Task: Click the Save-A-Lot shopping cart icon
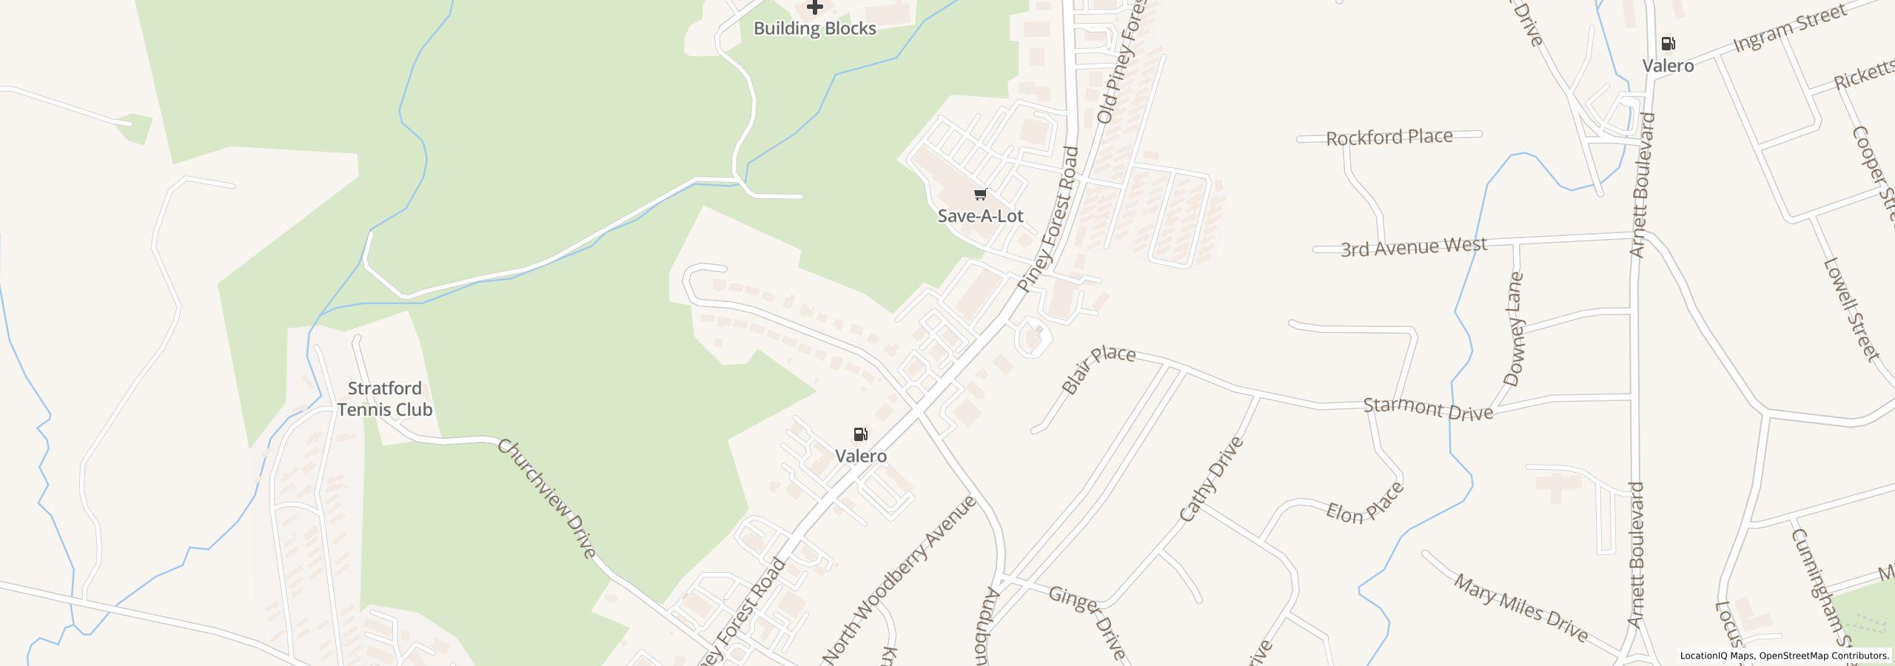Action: coord(980,195)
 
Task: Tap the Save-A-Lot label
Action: coord(980,216)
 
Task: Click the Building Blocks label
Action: coord(814,29)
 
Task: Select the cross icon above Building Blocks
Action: coord(814,7)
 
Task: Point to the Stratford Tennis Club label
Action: coord(385,399)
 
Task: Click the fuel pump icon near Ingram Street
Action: coord(1668,44)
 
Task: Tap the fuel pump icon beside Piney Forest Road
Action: coord(860,434)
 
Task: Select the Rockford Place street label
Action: coord(1389,138)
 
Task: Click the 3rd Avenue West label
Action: coord(1413,247)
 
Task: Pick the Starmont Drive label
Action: coord(1428,409)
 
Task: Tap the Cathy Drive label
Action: coord(1211,480)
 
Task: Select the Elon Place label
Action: coord(1364,504)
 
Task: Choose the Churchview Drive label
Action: coord(547,498)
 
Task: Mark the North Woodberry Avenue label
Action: coord(899,579)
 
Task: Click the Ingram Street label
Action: coord(1788,29)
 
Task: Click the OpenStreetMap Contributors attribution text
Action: coord(1823,656)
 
